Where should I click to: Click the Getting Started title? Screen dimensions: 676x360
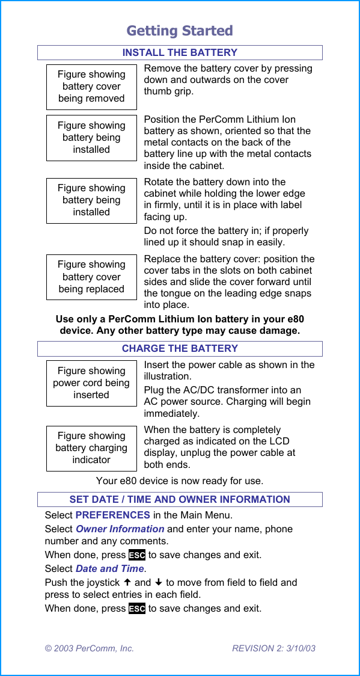point(180,31)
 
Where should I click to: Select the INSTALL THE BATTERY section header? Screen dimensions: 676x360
point(180,53)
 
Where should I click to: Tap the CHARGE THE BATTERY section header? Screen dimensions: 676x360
point(180,349)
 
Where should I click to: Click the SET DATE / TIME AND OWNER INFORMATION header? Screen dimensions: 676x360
point(180,499)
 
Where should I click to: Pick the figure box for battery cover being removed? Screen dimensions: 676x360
point(91,87)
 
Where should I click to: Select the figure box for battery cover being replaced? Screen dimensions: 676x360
point(91,277)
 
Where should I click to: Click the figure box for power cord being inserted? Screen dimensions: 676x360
point(91,383)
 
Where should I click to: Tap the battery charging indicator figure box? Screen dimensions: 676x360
point(91,448)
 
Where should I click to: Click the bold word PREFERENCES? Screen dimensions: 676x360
point(112,515)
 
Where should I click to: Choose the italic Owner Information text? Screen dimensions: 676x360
point(120,529)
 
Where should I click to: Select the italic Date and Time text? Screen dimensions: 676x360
point(110,569)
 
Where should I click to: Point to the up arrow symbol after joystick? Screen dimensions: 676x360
point(127,583)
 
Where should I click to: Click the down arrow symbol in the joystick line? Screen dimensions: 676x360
point(159,583)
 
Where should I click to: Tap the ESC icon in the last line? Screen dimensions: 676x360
point(137,609)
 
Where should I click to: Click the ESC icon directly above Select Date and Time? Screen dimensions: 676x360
point(137,555)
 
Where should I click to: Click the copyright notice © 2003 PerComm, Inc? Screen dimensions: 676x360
point(90,648)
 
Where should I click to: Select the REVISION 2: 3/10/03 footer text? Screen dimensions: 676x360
point(273,648)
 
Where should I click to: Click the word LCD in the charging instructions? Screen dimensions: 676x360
point(279,441)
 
